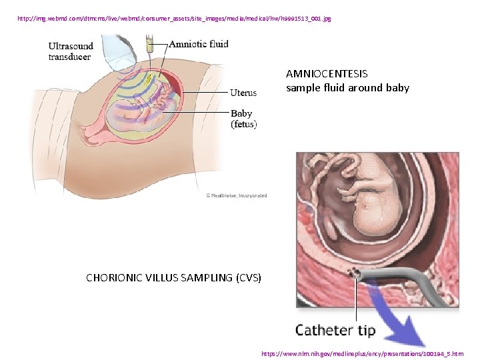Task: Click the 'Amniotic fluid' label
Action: click(x=198, y=44)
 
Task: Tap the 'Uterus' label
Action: click(x=243, y=93)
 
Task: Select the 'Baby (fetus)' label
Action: click(x=243, y=119)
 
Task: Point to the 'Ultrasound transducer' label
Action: click(x=69, y=51)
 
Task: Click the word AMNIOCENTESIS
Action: click(x=326, y=74)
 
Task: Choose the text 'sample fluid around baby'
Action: click(x=347, y=87)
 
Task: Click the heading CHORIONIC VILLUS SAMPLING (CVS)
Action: click(x=173, y=277)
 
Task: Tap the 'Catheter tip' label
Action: click(x=335, y=330)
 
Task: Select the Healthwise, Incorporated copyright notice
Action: click(x=236, y=195)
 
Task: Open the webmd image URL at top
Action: click(x=175, y=19)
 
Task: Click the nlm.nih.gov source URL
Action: click(x=361, y=353)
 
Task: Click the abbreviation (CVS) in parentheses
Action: click(x=249, y=277)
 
